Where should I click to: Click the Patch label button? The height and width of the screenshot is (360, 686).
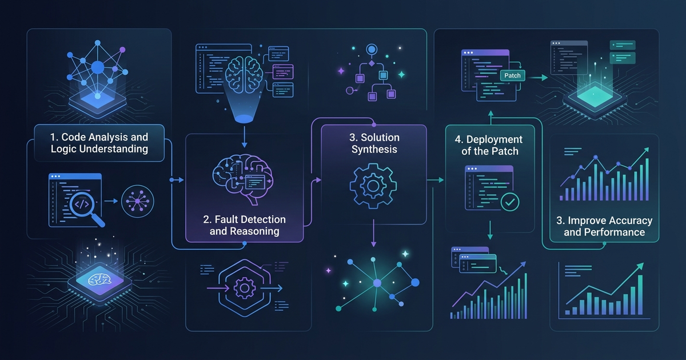pyautogui.click(x=512, y=75)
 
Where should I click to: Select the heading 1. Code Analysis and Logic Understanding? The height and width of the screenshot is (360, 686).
pyautogui.click(x=99, y=143)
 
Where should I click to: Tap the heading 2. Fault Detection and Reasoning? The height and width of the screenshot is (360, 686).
pyautogui.click(x=245, y=225)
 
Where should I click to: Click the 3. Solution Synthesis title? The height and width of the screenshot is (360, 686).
pyautogui.click(x=374, y=143)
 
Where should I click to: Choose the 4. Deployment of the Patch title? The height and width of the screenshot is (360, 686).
pyautogui.click(x=489, y=145)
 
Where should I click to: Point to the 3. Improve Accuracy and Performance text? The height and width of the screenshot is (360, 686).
pyautogui.click(x=604, y=226)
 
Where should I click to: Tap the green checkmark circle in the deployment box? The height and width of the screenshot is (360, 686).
pyautogui.click(x=510, y=202)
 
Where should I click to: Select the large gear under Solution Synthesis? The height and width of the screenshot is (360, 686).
pyautogui.click(x=373, y=186)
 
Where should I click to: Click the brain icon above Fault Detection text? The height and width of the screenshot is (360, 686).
pyautogui.click(x=242, y=178)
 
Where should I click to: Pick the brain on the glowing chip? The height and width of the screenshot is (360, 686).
pyautogui.click(x=98, y=279)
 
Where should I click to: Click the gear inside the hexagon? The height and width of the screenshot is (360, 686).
pyautogui.click(x=245, y=288)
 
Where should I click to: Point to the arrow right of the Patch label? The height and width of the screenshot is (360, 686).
pyautogui.click(x=538, y=78)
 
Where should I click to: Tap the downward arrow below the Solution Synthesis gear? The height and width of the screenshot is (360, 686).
pyautogui.click(x=373, y=233)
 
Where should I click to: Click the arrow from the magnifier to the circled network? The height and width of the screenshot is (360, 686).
pyautogui.click(x=111, y=201)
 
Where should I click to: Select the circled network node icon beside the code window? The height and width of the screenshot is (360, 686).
pyautogui.click(x=138, y=201)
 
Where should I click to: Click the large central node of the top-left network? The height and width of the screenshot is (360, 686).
pyautogui.click(x=98, y=67)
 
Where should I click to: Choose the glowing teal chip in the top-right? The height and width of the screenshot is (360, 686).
pyautogui.click(x=595, y=97)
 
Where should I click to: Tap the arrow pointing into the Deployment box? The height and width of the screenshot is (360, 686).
pyautogui.click(x=435, y=180)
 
